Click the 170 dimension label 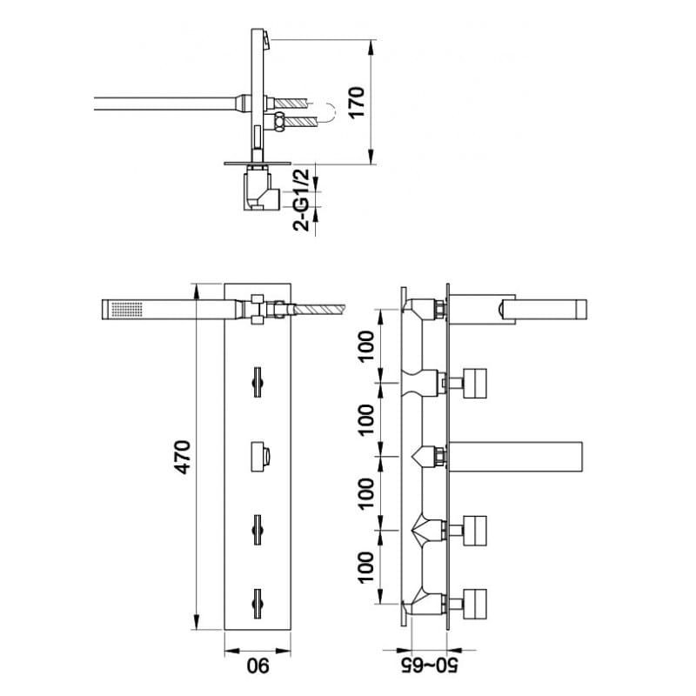pyautogui.click(x=357, y=102)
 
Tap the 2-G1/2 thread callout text pyautogui.click(x=302, y=200)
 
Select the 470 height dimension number pyautogui.click(x=182, y=457)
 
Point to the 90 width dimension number pyautogui.click(x=258, y=666)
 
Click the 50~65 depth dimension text pyautogui.click(x=429, y=666)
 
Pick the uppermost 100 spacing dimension pyautogui.click(x=366, y=346)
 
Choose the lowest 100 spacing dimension pyautogui.click(x=366, y=568)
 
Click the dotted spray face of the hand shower pyautogui.click(x=126, y=310)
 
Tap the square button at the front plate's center pyautogui.click(x=260, y=457)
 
